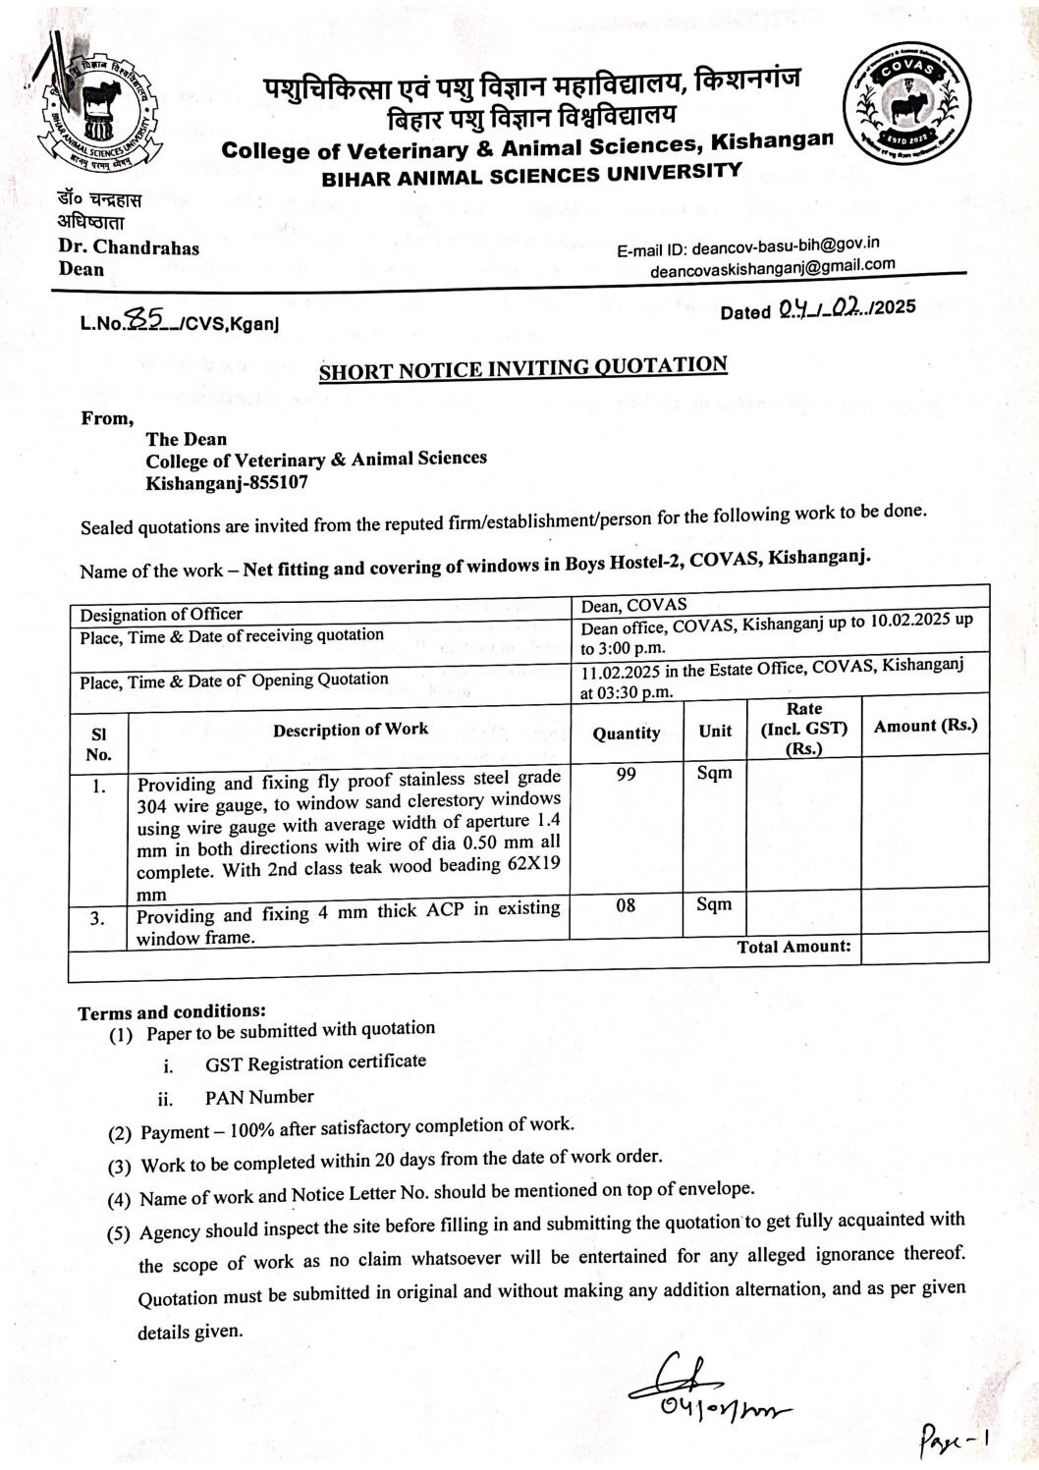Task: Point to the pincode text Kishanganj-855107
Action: click(232, 483)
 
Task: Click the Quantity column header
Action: click(626, 733)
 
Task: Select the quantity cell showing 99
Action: click(626, 775)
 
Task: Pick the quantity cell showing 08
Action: click(626, 904)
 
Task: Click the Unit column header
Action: click(715, 731)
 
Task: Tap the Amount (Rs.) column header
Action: click(925, 726)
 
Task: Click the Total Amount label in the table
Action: click(793, 947)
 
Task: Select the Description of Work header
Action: click(351, 730)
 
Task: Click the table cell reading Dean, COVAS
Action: click(634, 605)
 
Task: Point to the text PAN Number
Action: click(260, 1097)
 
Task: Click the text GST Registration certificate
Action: click(315, 1062)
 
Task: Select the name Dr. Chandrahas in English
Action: click(129, 247)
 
